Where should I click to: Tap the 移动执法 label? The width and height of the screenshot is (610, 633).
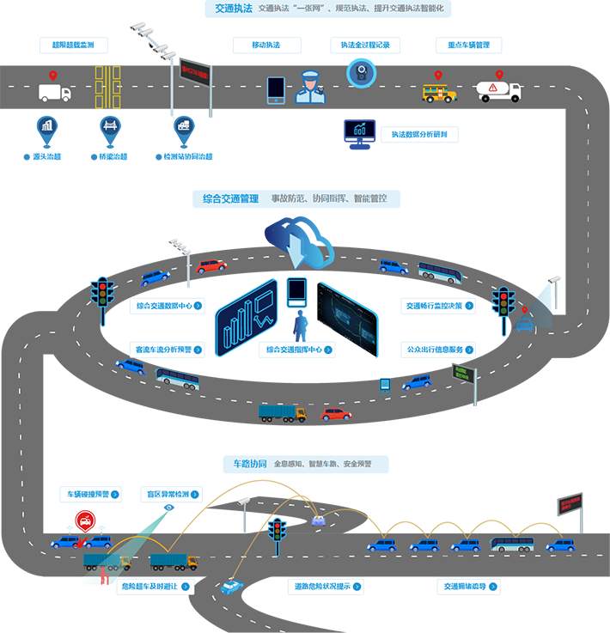(x=265, y=45)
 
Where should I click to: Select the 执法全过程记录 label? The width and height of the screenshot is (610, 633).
(x=365, y=45)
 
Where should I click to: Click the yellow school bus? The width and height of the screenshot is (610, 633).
(x=439, y=91)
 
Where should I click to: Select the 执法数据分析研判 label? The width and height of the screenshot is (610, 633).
(x=418, y=135)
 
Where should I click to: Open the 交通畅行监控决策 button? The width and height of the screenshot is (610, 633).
(x=439, y=305)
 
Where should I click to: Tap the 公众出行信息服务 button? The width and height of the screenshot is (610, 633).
(x=439, y=350)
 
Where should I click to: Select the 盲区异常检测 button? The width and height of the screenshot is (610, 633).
(x=172, y=495)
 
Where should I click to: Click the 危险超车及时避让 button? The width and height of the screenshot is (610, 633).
(x=155, y=587)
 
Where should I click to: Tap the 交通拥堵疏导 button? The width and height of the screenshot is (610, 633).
(x=472, y=587)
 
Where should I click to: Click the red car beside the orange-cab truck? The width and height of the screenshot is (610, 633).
(x=336, y=414)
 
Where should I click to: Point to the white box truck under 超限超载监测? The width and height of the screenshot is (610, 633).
(x=54, y=93)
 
